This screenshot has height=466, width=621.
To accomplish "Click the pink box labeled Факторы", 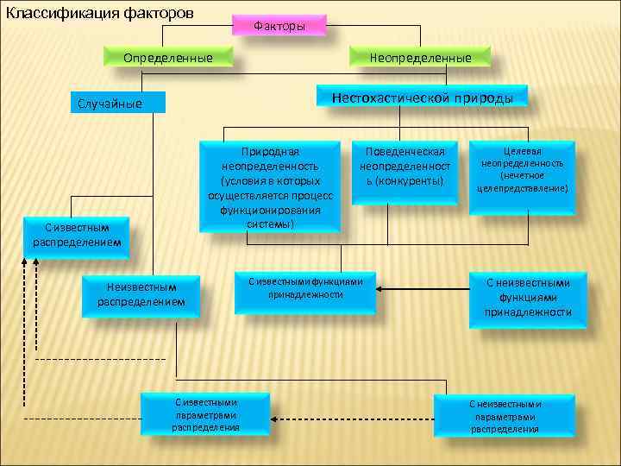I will (x=279, y=26).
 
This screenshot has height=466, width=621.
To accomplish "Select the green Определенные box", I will (x=168, y=58).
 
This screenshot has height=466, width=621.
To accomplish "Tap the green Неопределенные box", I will (x=420, y=58).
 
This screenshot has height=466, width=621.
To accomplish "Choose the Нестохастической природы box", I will (x=422, y=98).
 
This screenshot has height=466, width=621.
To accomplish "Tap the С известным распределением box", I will (x=78, y=234).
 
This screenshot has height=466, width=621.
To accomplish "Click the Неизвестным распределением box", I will (x=141, y=295).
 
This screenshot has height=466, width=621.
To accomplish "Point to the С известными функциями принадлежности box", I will (x=305, y=288).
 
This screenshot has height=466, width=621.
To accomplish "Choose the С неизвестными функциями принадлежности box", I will (x=528, y=297).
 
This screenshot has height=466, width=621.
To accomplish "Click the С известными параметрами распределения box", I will (x=205, y=414).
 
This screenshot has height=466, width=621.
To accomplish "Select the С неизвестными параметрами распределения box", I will (x=505, y=416).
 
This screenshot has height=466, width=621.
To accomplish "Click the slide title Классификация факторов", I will (x=100, y=14).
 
